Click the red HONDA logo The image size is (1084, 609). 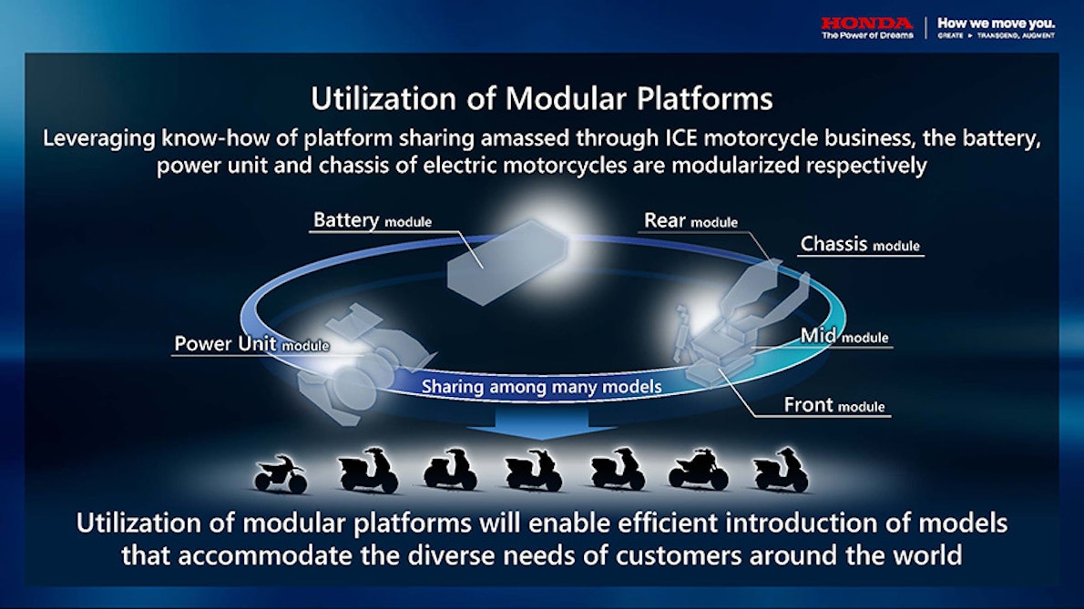click(x=865, y=22)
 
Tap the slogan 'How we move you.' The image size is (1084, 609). click(x=996, y=22)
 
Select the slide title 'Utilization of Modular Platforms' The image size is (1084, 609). click(x=541, y=98)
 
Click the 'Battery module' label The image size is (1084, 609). click(x=372, y=221)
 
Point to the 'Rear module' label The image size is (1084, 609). click(x=690, y=221)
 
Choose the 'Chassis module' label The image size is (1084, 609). click(x=859, y=245)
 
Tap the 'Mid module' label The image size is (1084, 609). click(x=844, y=336)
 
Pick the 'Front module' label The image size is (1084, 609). click(x=833, y=406)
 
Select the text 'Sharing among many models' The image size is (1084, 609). click(x=541, y=386)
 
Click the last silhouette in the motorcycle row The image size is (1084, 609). click(x=781, y=471)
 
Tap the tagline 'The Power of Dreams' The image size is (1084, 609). click(x=866, y=36)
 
